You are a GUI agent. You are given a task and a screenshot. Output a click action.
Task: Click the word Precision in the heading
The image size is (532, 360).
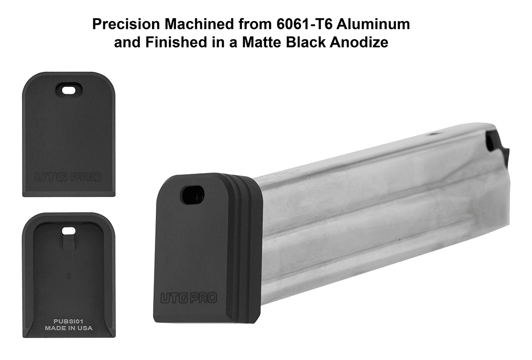coord(126,24)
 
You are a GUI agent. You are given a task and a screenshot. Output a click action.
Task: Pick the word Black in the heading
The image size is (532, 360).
coord(307,43)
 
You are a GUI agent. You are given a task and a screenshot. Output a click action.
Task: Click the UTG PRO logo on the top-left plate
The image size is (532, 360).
coord(68,177)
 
